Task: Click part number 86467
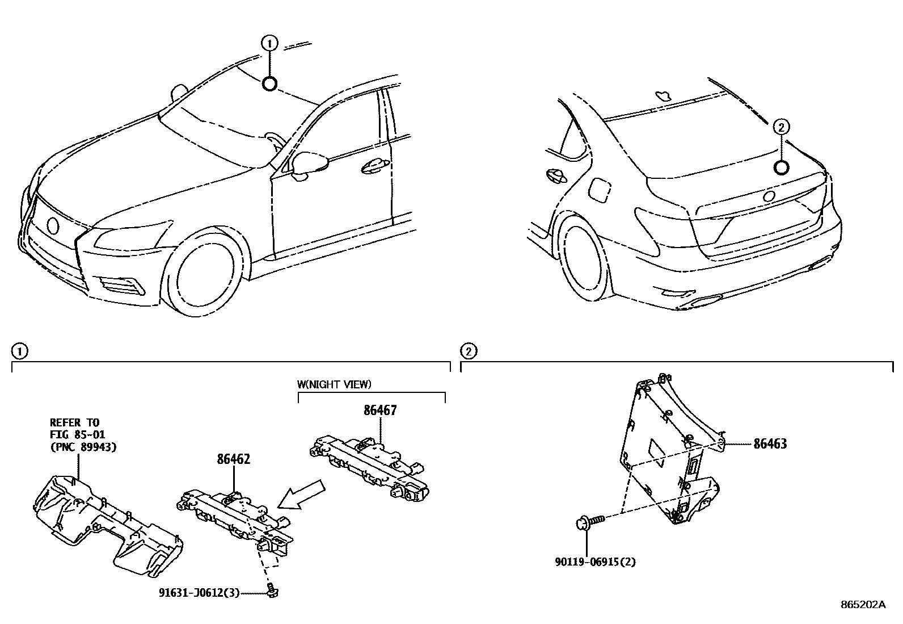click(x=379, y=410)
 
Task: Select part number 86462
click(x=233, y=459)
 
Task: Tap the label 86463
click(x=770, y=444)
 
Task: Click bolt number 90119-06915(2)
click(x=594, y=562)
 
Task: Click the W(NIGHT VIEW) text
click(x=334, y=384)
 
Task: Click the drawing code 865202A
click(x=863, y=605)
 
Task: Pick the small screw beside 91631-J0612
click(x=273, y=591)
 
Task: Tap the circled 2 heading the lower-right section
click(x=468, y=351)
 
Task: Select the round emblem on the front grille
click(x=53, y=225)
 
